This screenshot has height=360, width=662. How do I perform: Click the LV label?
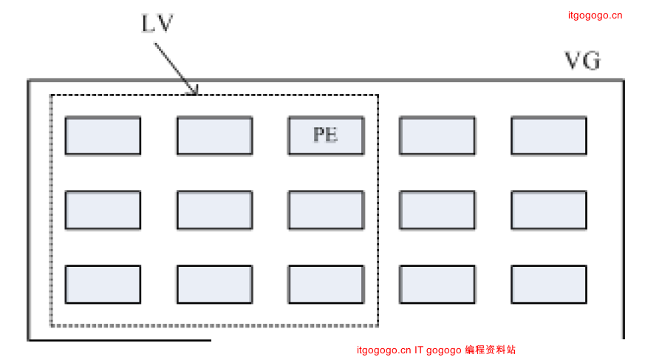pos(157,24)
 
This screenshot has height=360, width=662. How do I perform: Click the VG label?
pos(582,61)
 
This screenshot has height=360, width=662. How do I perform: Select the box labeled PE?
pos(326,135)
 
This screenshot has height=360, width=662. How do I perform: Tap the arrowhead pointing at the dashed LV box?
pos(194,91)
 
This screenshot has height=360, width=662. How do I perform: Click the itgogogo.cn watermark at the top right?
pos(595,15)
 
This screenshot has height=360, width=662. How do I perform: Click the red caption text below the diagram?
pos(436,350)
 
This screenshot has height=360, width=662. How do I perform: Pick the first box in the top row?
pos(103,135)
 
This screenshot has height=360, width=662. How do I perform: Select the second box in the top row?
pos(214,135)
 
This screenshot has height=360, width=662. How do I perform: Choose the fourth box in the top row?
pos(437,135)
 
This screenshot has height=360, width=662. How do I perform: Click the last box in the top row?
pos(549,135)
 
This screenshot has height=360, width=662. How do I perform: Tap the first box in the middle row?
pos(103,210)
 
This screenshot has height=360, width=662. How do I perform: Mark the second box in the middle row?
pos(214,210)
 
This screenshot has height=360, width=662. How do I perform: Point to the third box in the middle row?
pos(326,210)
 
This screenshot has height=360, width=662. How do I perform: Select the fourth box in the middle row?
pos(437,210)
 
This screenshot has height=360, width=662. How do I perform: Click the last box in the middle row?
pos(549,210)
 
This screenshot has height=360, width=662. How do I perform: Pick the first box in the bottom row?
pos(103,285)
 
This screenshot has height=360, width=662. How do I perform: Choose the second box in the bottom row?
pos(214,285)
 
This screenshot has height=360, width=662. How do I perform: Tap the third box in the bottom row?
pos(326,285)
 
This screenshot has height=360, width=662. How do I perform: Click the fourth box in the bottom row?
pos(437,285)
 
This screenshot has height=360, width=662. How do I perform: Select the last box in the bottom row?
pos(549,285)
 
